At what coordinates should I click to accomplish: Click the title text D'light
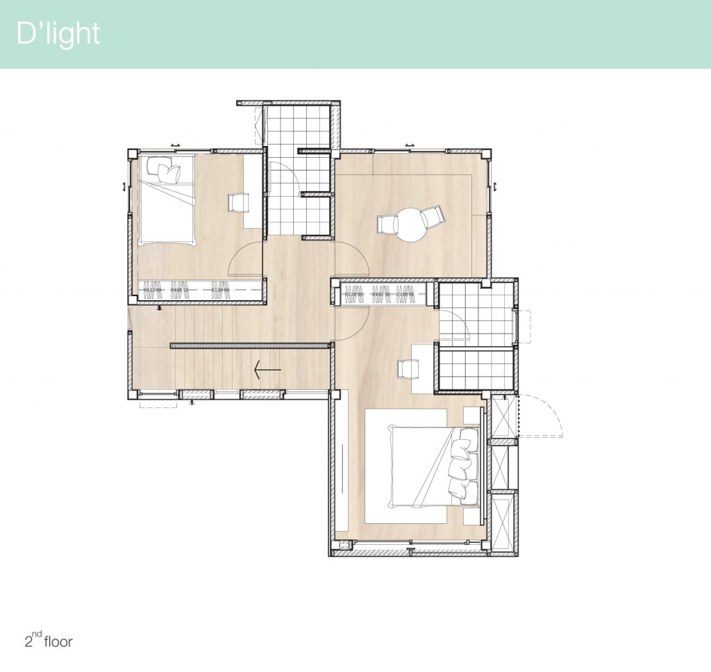58,34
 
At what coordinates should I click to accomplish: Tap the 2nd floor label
49,640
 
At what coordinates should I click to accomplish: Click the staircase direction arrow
267,370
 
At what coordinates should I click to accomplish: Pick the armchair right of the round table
433,218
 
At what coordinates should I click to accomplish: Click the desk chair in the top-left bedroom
238,203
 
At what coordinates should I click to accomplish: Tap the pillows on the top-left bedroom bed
166,170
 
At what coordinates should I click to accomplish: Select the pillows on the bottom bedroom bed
464,464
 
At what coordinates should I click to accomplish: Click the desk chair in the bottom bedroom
405,368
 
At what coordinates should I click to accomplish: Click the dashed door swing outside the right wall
542,415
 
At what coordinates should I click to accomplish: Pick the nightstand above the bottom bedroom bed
473,415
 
